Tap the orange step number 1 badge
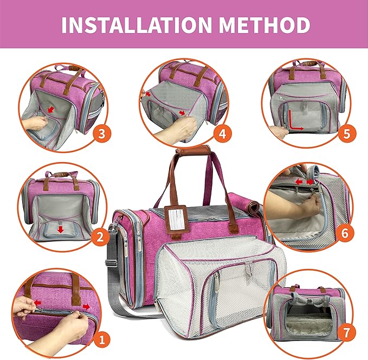point(99,340)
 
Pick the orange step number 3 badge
point(99,133)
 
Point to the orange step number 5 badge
point(346,133)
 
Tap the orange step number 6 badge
point(346,234)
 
